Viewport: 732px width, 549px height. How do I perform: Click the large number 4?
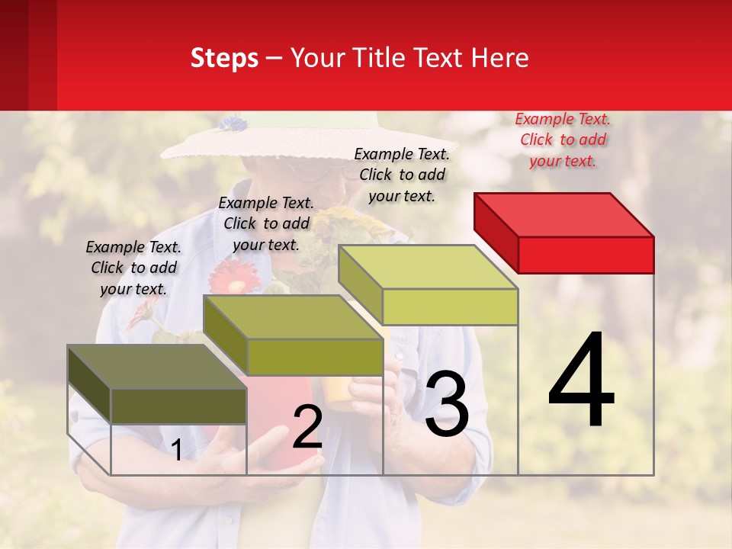click(581, 380)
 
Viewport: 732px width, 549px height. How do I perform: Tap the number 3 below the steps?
click(446, 405)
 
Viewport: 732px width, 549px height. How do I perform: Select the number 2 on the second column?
click(307, 427)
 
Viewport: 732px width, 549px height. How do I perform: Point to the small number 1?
click(177, 451)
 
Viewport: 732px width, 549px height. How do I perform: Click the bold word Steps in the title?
click(224, 58)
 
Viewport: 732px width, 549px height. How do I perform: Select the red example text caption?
click(563, 140)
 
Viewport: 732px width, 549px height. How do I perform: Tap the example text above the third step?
click(402, 175)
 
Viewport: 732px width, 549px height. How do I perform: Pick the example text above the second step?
click(266, 223)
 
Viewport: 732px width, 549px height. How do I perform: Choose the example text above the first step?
click(133, 268)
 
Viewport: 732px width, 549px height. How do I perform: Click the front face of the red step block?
click(586, 255)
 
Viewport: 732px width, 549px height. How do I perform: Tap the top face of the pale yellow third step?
click(428, 267)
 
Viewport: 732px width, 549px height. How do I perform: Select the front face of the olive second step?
click(315, 357)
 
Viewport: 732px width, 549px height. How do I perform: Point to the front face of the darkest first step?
click(178, 406)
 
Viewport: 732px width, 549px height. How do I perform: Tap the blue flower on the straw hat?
click(233, 124)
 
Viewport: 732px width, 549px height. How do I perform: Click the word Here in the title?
click(502, 58)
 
